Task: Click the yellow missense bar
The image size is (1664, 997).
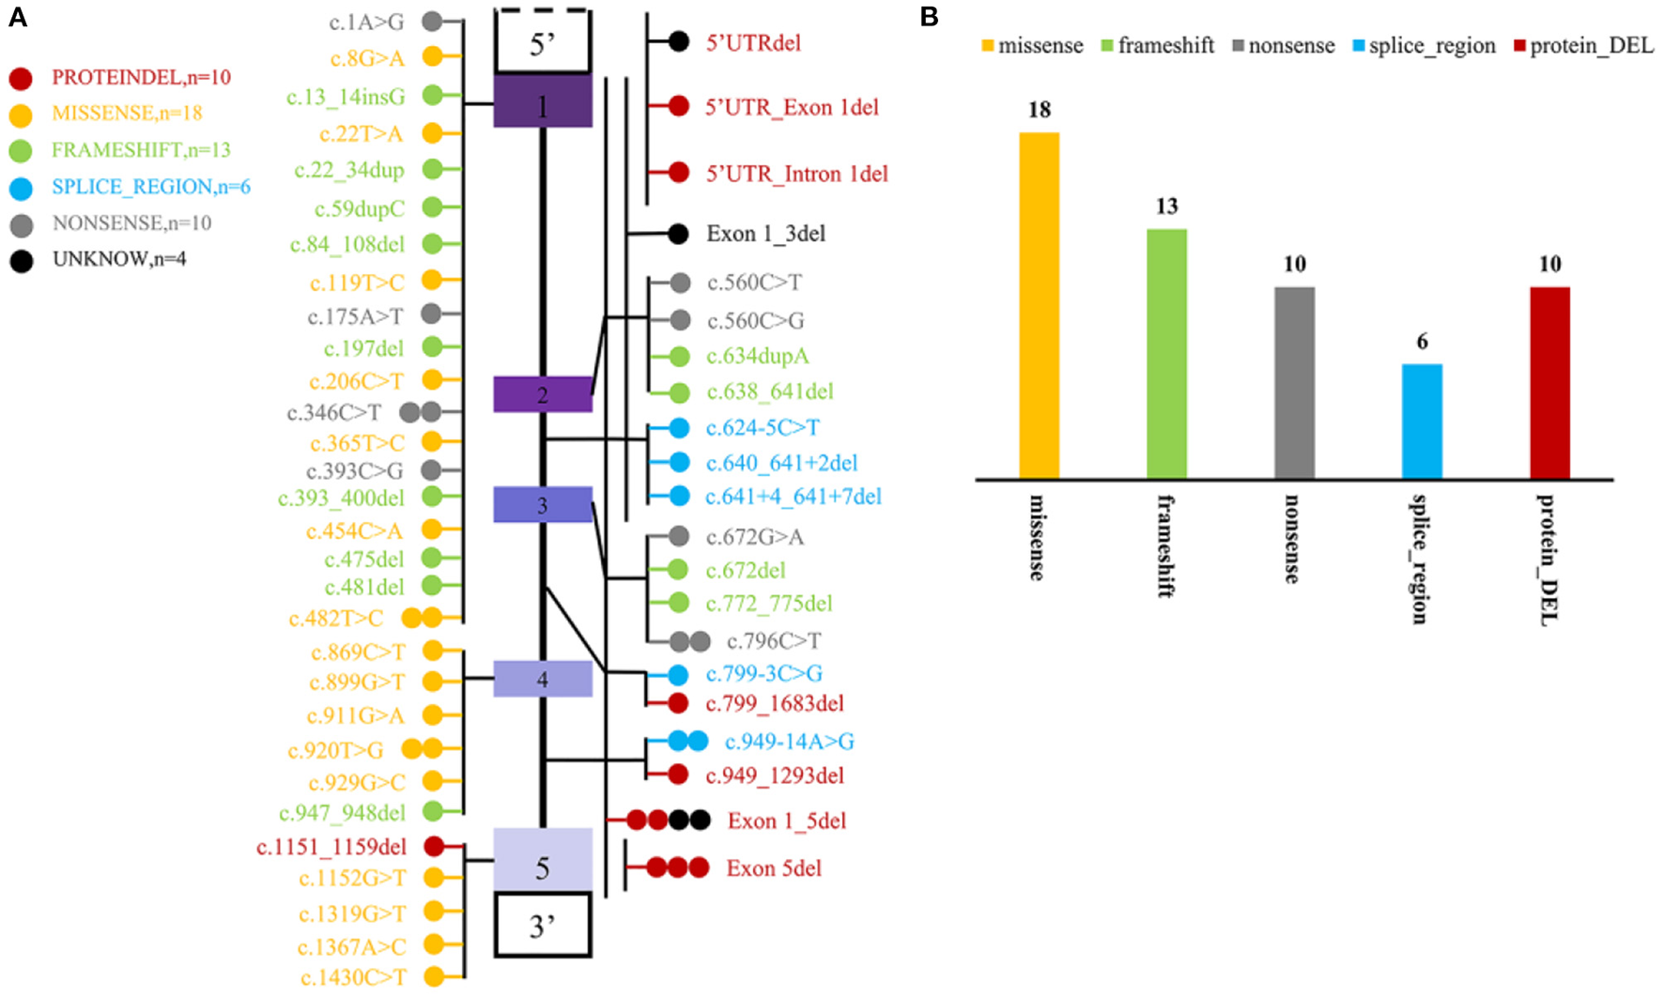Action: coord(1039,305)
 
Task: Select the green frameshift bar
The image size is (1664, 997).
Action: coord(1166,354)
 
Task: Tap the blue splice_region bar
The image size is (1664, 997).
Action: coord(1422,422)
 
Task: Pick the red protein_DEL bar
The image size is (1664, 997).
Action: coord(1549,383)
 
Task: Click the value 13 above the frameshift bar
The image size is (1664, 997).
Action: coord(1166,207)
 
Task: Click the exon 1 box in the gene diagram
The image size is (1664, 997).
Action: coord(543,101)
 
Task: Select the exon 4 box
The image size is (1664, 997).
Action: coord(543,679)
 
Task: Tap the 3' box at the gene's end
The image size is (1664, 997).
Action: coord(543,926)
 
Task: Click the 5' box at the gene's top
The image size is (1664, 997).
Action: coord(543,43)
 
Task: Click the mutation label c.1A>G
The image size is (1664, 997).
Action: coord(366,22)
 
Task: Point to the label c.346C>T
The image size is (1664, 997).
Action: coord(334,413)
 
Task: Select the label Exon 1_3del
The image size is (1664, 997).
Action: coord(765,234)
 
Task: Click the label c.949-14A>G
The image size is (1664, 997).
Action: coord(789,742)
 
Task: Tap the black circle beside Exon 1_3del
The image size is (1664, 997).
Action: coord(678,234)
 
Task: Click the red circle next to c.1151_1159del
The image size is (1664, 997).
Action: coord(434,847)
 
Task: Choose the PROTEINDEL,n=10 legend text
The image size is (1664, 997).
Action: coord(141,77)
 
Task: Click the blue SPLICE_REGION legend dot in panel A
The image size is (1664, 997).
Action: coord(21,188)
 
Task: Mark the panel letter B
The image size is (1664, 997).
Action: coord(929,17)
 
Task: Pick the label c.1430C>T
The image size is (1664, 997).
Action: coord(353,977)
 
